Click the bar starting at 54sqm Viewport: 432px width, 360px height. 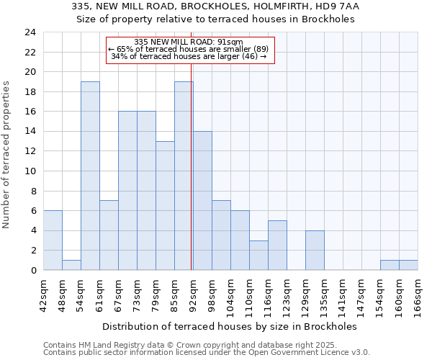pyautogui.click(x=90, y=176)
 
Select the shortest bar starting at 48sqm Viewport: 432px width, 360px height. pyautogui.click(x=71, y=265)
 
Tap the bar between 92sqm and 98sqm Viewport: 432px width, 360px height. pyautogui.click(x=202, y=201)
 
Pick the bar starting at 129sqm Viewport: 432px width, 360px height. pyautogui.click(x=315, y=250)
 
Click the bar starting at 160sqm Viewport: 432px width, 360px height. pyautogui.click(x=408, y=265)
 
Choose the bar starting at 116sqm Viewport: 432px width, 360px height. pyautogui.click(x=277, y=245)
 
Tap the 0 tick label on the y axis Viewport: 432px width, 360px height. pyautogui.click(x=33, y=271)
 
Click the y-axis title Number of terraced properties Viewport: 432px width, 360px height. pyautogui.click(x=6, y=155)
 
